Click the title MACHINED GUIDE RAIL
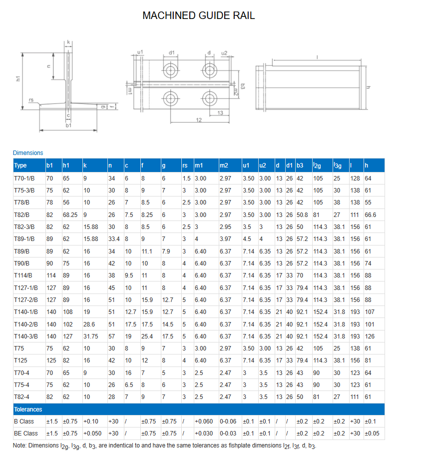[198, 15]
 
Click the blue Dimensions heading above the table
[28, 153]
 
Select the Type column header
[20, 165]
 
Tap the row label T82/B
[22, 214]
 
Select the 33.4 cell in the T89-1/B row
[114, 239]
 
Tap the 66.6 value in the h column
[370, 214]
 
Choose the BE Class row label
[26, 433]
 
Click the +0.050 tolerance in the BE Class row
[93, 433]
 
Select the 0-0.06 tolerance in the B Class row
[228, 421]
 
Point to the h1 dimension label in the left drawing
[18, 79]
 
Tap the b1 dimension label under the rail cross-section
[68, 125]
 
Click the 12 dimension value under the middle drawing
[198, 120]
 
